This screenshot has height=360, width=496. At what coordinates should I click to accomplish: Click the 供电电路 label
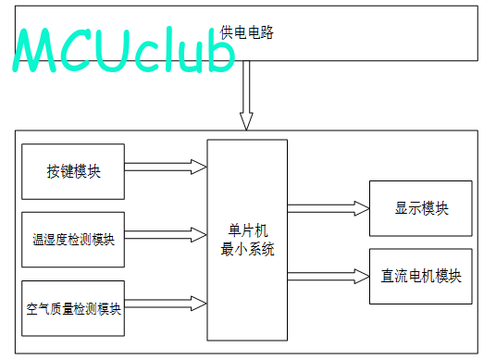coord(247,32)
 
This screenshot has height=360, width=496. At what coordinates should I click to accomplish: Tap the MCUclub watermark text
coord(124,50)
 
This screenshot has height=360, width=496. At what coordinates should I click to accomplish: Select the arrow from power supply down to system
coord(246,95)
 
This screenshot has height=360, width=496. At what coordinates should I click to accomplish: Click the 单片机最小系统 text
coord(247,240)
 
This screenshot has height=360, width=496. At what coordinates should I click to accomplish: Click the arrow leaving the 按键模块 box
coord(166,167)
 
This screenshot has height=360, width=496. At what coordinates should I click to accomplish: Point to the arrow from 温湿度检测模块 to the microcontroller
coord(166,235)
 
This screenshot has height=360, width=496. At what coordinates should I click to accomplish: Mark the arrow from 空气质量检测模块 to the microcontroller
coord(166,304)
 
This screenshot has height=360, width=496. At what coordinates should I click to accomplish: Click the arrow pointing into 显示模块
coord(329,208)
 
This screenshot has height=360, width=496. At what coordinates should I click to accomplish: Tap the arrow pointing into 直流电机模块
coord(329,277)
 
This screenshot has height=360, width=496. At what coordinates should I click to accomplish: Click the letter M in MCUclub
coord(34,50)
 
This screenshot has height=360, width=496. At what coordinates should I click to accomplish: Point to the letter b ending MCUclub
coord(222,50)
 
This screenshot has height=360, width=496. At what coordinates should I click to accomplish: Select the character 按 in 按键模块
coord(54,171)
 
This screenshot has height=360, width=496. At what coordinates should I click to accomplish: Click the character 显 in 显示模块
coord(402,208)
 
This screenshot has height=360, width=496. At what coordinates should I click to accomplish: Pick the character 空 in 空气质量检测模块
coord(32,309)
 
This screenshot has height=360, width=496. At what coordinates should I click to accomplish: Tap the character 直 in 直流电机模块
coord(388,276)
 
